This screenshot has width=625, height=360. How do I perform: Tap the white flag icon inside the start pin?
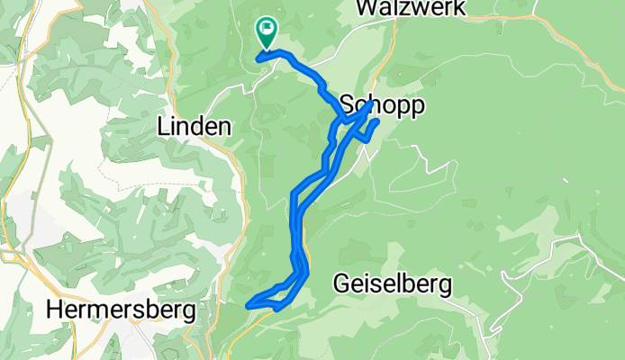(x=267, y=30)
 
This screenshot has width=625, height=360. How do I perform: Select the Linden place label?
(x=193, y=127)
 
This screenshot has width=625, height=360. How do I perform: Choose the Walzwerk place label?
(x=410, y=8)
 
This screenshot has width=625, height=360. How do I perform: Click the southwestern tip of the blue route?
(x=248, y=305)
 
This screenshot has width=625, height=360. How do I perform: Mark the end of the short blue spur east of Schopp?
(x=376, y=121)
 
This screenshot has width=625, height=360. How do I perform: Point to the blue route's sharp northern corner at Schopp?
(x=370, y=104)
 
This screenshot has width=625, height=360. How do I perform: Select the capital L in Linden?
(x=163, y=127)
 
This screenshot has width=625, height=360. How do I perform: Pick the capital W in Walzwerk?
(x=366, y=8)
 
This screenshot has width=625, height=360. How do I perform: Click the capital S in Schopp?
(x=346, y=106)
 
